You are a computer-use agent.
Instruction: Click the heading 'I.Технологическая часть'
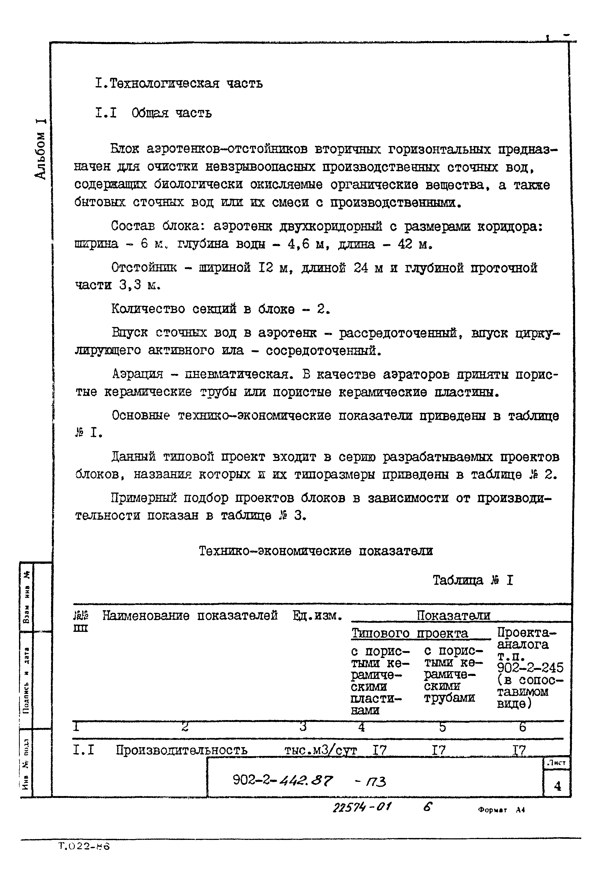click(x=179, y=84)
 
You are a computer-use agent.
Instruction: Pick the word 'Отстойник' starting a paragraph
click(x=144, y=268)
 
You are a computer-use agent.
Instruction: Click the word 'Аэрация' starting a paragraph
click(x=138, y=375)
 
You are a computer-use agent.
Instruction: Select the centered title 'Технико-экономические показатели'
click(x=316, y=551)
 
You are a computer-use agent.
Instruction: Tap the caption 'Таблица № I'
click(x=473, y=581)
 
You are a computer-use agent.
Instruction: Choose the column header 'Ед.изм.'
click(x=317, y=616)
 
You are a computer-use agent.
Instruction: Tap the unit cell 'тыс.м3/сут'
click(x=320, y=750)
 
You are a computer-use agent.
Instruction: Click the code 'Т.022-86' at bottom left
click(x=84, y=846)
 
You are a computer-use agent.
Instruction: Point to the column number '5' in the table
click(x=442, y=727)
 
